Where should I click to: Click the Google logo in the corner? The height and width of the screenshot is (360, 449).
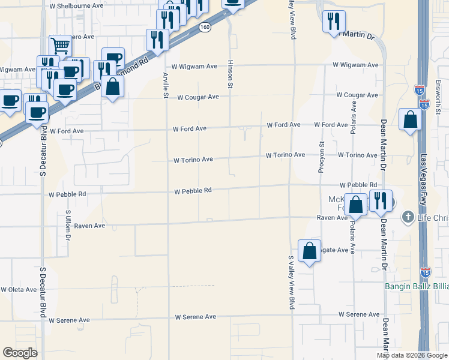coord(20,353)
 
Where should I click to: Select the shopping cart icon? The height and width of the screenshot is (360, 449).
coord(60,45)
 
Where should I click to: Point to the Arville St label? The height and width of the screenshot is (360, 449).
coord(166,85)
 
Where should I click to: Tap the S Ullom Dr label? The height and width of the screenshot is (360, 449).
coord(68,225)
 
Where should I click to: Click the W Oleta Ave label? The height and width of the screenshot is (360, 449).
coord(19,289)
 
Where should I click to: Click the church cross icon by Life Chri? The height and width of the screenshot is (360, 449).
coord(408,216)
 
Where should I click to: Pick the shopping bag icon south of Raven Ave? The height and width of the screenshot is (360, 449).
coord(309,251)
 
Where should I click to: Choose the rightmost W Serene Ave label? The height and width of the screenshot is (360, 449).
coord(358,314)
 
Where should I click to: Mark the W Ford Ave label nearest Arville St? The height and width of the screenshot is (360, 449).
coord(190,129)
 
